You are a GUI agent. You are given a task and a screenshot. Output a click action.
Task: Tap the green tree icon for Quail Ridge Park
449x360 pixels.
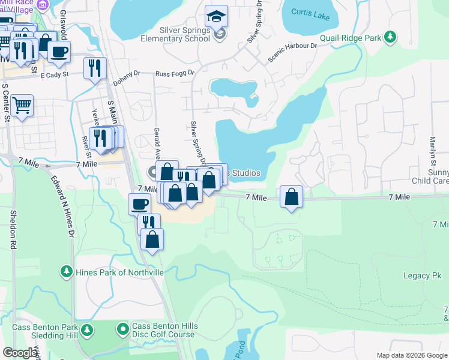(x=390, y=37)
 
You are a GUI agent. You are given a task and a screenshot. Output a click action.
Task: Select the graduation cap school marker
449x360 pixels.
(x=216, y=16)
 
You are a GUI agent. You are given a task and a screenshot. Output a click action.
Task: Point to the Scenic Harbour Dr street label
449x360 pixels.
(x=292, y=53)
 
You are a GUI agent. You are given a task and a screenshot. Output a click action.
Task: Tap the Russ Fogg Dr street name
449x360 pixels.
(x=175, y=73)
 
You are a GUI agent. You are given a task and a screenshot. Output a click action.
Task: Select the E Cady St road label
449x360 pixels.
(x=55, y=74)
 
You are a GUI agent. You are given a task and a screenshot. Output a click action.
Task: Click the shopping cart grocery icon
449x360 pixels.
(x=22, y=106)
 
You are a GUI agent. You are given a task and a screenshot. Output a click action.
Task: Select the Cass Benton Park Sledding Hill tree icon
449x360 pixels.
(x=87, y=330)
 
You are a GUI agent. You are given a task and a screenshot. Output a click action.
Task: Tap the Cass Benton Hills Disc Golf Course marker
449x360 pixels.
(x=123, y=329)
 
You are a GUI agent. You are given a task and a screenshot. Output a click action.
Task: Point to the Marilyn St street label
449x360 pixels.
(x=432, y=148)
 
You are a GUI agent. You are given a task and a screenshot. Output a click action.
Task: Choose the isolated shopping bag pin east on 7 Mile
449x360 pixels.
(x=291, y=197)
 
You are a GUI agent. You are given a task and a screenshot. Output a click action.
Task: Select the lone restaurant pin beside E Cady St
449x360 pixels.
(x=95, y=68)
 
